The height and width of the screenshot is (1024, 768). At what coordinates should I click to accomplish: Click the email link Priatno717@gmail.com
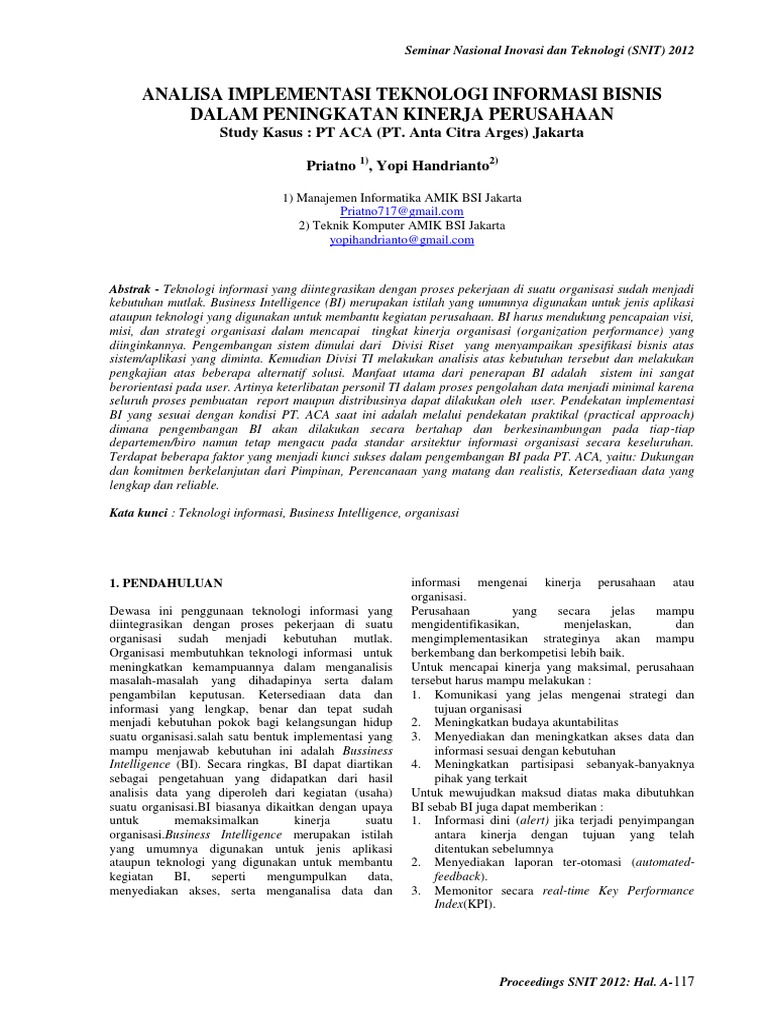[402, 212]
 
